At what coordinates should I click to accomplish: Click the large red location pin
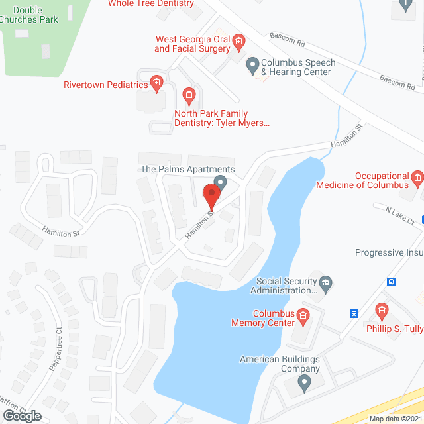(x=211, y=197)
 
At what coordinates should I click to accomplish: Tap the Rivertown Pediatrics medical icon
(x=156, y=83)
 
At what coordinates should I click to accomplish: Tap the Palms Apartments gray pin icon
(x=221, y=182)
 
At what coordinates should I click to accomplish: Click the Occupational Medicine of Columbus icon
(x=417, y=178)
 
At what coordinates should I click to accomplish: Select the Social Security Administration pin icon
(x=325, y=283)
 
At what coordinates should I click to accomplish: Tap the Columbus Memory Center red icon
(x=303, y=315)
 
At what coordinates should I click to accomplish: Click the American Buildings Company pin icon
(x=304, y=382)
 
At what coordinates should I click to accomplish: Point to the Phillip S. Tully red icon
(x=381, y=310)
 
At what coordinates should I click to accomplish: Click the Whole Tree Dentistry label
(x=151, y=3)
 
